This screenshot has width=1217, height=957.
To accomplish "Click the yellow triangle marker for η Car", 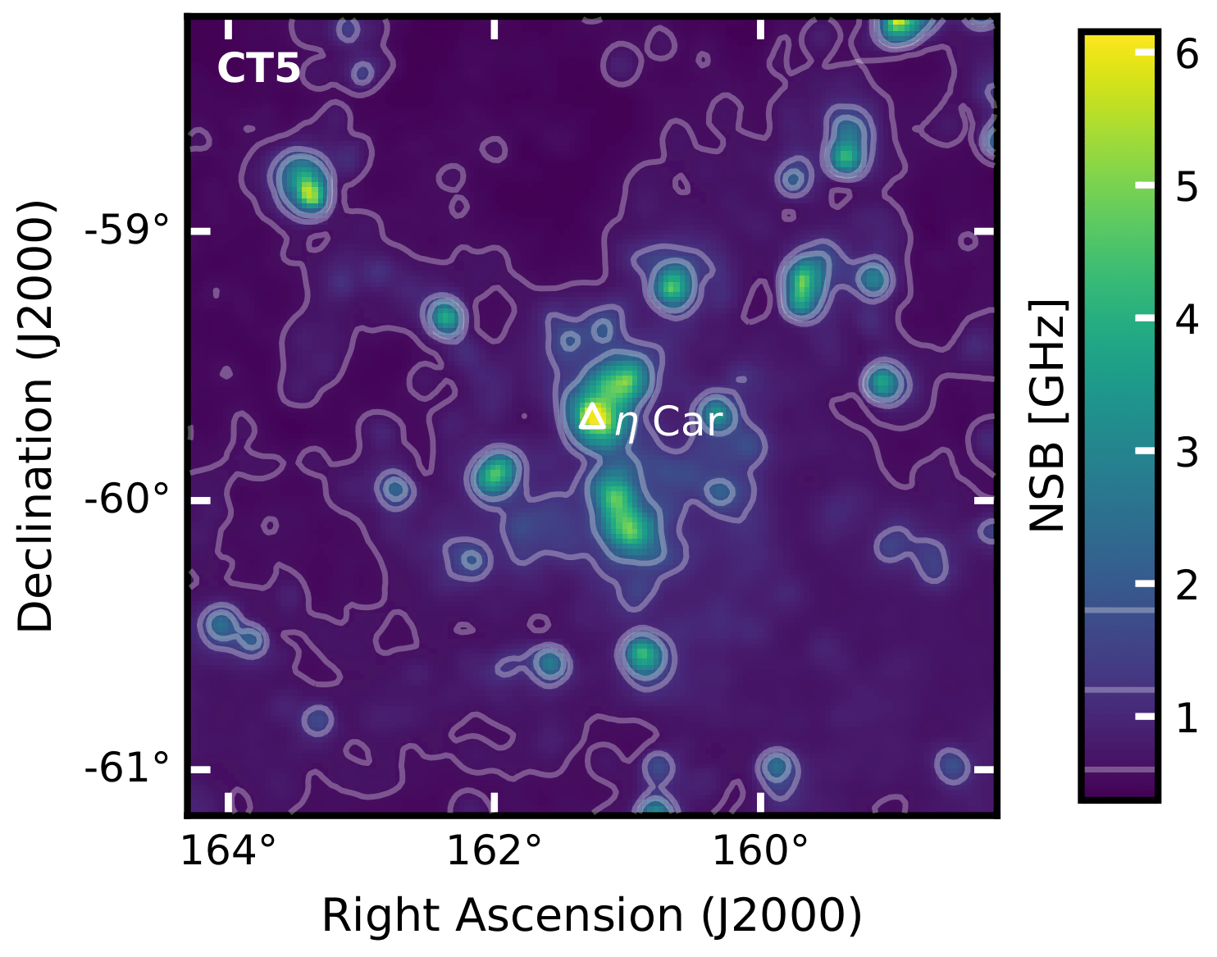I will pyautogui.click(x=591, y=417).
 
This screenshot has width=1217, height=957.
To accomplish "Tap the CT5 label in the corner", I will pyautogui.click(x=258, y=69).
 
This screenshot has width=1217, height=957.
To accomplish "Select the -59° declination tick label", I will pyautogui.click(x=127, y=230).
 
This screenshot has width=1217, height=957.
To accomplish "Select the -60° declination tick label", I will pyautogui.click(x=127, y=499).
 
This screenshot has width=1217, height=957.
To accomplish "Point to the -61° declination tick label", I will pyautogui.click(x=127, y=769).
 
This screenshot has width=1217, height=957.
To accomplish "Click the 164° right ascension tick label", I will pyautogui.click(x=228, y=851).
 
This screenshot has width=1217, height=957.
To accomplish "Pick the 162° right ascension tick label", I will pyautogui.click(x=494, y=851).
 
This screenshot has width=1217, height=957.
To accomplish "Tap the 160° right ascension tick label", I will pyautogui.click(x=760, y=851).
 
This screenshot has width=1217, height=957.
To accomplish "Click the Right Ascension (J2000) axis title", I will pyautogui.click(x=591, y=915).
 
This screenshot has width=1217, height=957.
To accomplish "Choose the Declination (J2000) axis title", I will pyautogui.click(x=36, y=415).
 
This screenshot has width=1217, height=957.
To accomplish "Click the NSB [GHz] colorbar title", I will pyautogui.click(x=1048, y=415).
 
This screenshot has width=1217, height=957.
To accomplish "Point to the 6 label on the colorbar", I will pyautogui.click(x=1187, y=54).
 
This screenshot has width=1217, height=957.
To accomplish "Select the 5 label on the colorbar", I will pyautogui.click(x=1187, y=187).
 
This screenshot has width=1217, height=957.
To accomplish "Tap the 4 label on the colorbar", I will pyautogui.click(x=1187, y=319).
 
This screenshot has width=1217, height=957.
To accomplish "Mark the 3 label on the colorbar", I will pyautogui.click(x=1187, y=452).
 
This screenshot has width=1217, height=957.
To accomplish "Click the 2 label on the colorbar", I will pyautogui.click(x=1187, y=585).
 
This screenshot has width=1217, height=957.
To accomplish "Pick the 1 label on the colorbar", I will pyautogui.click(x=1187, y=718).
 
